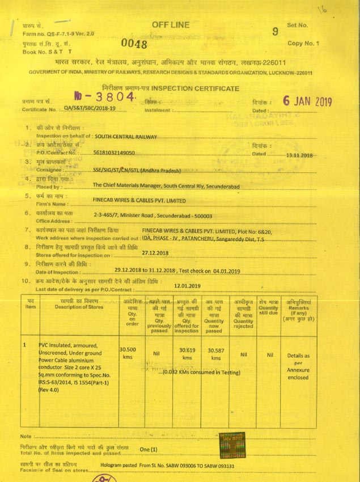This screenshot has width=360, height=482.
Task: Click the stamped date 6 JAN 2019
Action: tap(307, 102)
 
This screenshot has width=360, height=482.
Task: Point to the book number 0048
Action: tap(134, 44)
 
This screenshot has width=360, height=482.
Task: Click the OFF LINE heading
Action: tap(171, 25)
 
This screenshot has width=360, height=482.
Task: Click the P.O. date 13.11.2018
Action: tap(300, 155)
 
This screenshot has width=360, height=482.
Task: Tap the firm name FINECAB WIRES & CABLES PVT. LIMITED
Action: tap(139, 201)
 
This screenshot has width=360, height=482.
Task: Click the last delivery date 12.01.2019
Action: tap(188, 286)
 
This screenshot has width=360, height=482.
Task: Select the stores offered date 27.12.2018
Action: tap(156, 253)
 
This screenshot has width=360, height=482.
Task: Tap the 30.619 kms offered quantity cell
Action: tap(187, 354)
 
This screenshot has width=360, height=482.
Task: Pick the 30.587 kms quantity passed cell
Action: tap(215, 354)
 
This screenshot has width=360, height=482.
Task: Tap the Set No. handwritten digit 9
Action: tap(276, 32)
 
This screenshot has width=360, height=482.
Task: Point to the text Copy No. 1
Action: tap(303, 43)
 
